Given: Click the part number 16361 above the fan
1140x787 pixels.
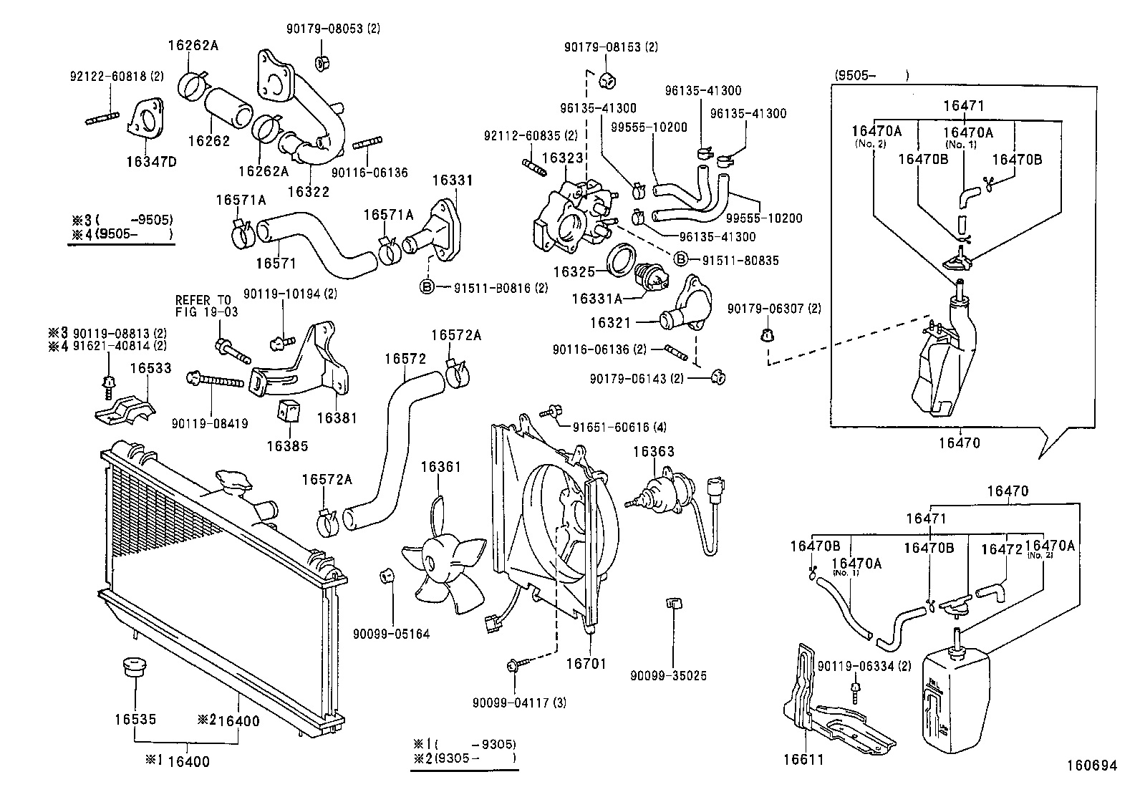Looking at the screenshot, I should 440,467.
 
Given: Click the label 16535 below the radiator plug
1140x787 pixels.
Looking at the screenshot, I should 135,719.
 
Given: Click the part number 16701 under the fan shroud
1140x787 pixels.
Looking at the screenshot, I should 585,664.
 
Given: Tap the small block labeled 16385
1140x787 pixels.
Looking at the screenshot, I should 288,410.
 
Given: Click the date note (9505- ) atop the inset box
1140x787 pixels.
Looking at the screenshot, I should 871,74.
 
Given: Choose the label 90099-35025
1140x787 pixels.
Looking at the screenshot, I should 668,675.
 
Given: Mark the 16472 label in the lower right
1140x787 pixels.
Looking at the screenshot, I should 1000,549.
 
